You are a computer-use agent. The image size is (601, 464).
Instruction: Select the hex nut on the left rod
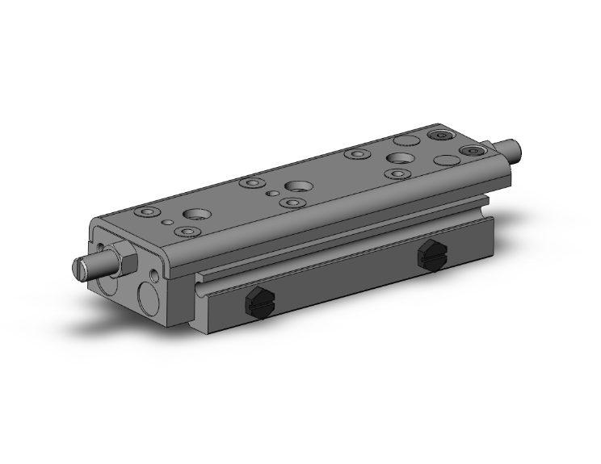[122, 260]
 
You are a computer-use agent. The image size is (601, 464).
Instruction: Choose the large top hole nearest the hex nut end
[195, 215]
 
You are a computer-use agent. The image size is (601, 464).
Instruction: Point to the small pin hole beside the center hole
[273, 194]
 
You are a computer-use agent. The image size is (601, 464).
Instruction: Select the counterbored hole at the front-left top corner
[145, 212]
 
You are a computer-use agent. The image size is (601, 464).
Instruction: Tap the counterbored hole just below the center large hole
[289, 202]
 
